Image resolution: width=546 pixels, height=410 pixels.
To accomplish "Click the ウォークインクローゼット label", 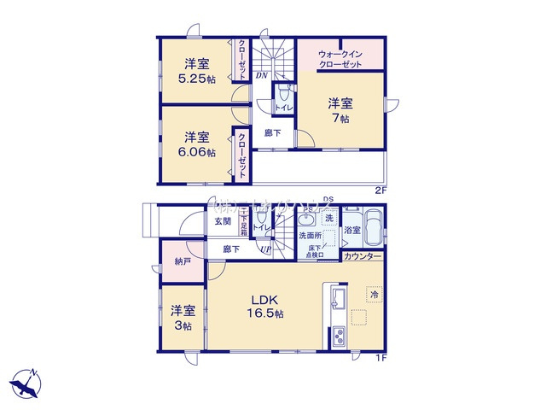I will coord(340,58).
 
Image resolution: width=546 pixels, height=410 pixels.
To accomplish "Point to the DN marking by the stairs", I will coord(261,75).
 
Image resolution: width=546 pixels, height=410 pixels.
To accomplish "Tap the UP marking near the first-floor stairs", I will coord(266,250).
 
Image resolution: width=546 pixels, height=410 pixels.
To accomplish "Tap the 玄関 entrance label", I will coord(222,224).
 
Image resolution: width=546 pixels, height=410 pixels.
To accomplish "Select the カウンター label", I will coord(363,256).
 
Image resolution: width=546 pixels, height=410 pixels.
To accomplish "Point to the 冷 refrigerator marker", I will coord(373,294).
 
